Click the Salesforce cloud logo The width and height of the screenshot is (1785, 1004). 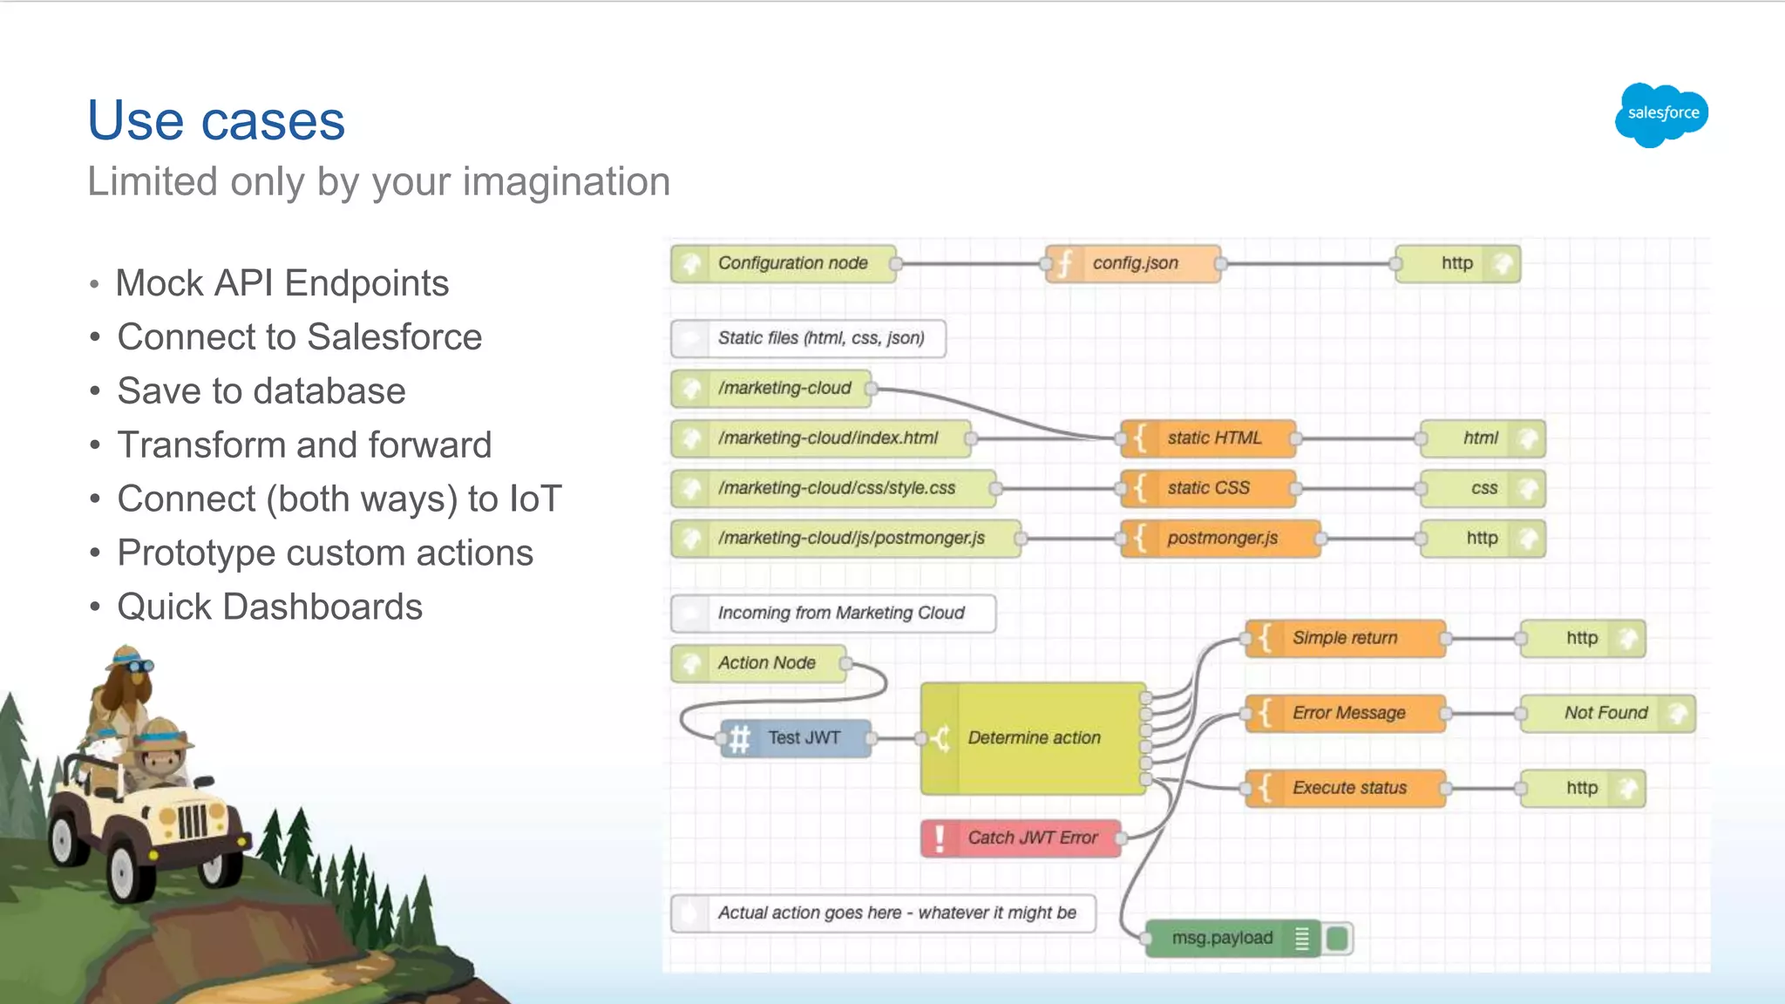1661,114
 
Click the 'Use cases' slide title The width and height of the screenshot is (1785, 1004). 216,120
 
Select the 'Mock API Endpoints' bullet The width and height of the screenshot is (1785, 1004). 282,283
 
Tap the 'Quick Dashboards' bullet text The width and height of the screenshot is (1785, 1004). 269,607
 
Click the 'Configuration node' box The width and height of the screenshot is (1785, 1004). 784,263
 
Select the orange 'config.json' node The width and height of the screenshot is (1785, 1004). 1133,263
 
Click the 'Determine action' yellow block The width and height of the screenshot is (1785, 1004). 1034,738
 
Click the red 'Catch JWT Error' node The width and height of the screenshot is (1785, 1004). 1021,838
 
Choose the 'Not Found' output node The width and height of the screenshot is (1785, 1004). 1606,713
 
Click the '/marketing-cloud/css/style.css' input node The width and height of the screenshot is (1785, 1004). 834,488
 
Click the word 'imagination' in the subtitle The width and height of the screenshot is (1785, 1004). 567,182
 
